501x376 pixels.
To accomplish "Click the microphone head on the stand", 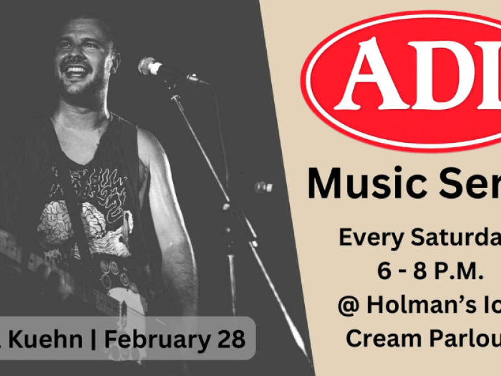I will point(149,66).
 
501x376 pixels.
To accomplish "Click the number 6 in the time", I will point(383,271).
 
